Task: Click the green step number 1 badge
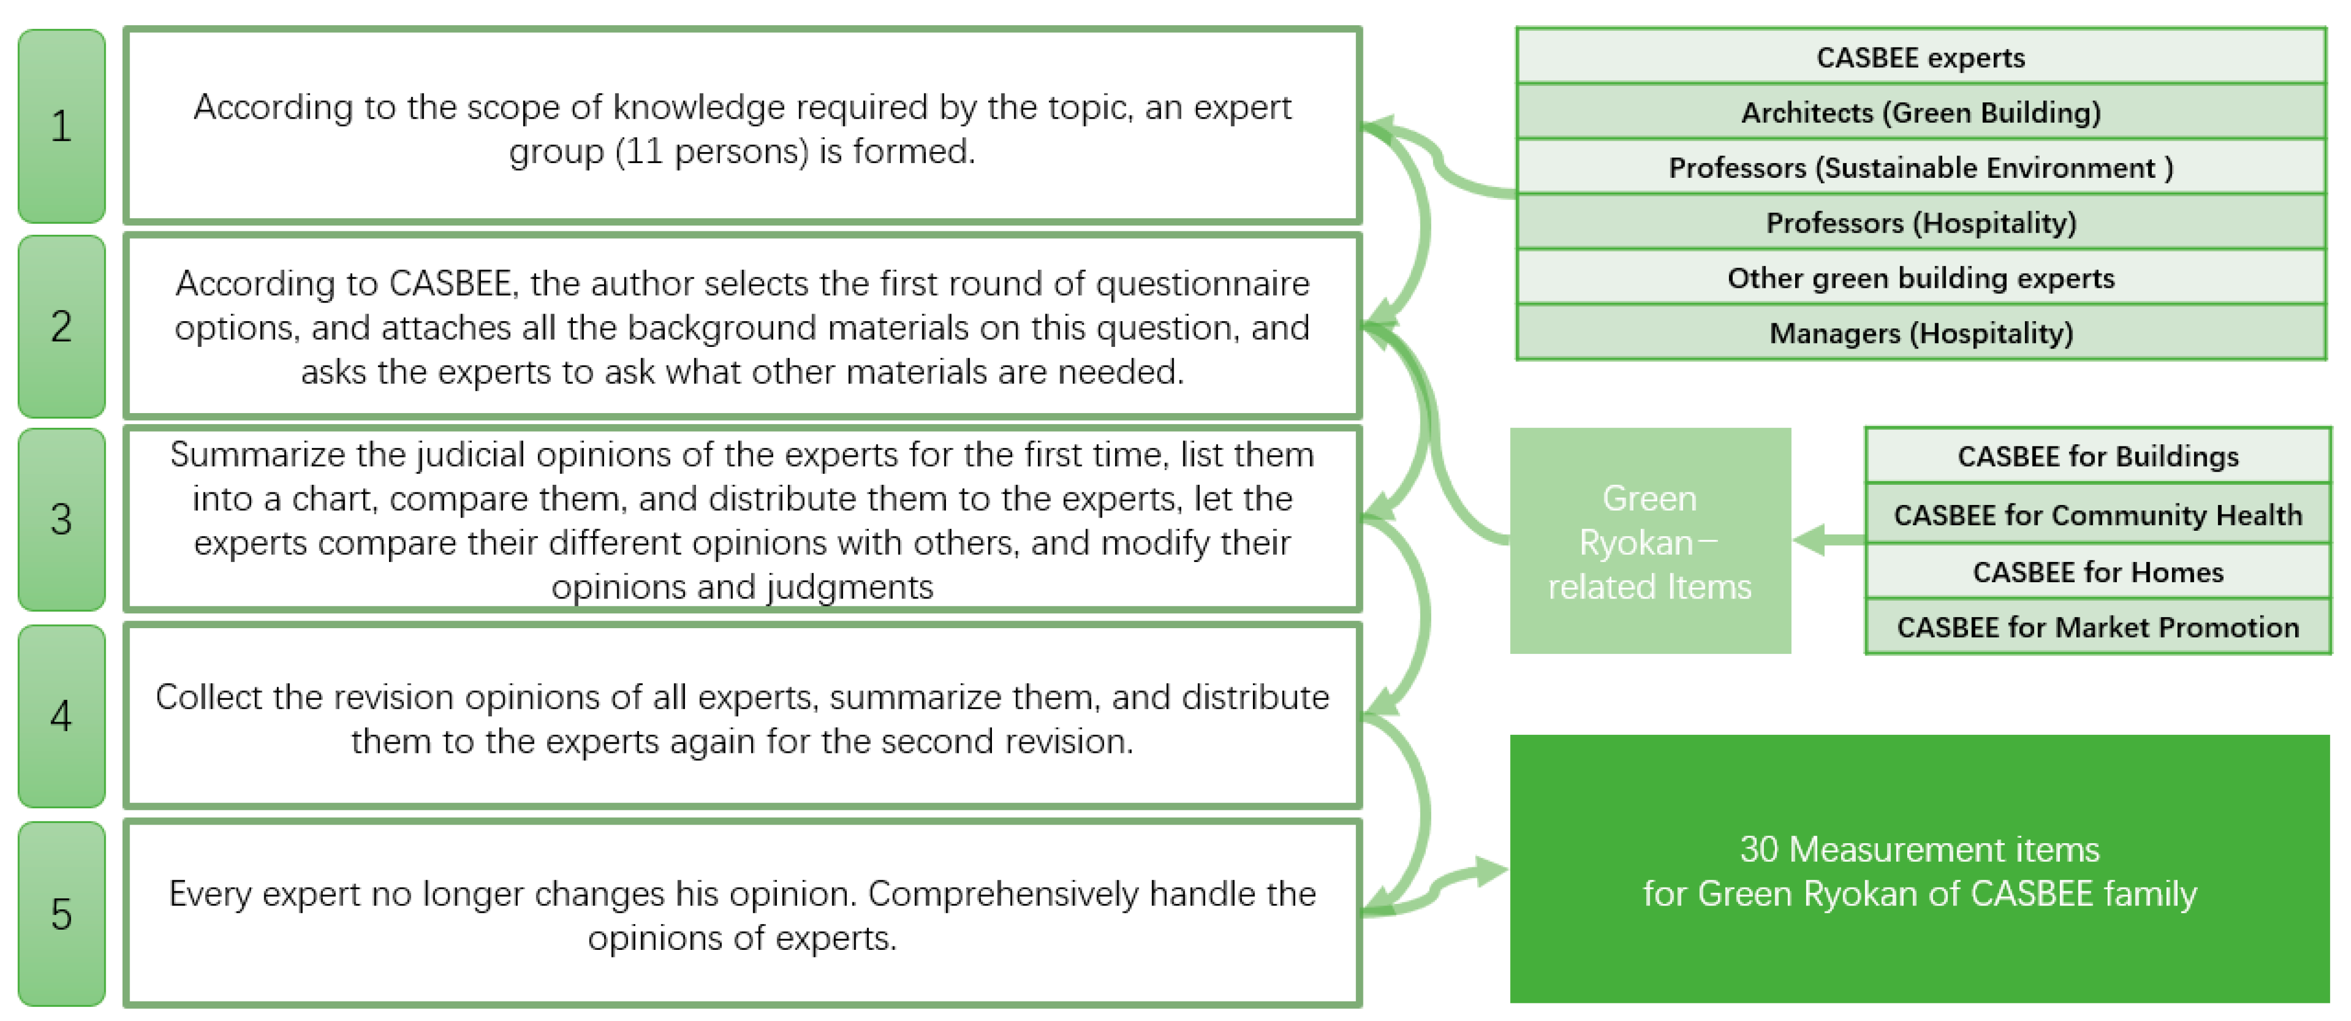point(61,126)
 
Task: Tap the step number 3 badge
point(61,519)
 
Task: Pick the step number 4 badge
point(61,715)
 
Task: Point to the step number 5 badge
point(61,913)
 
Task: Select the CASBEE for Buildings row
point(2097,456)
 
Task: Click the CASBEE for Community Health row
point(2097,515)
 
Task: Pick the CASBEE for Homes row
point(2097,572)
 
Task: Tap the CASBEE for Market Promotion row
point(2097,628)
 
